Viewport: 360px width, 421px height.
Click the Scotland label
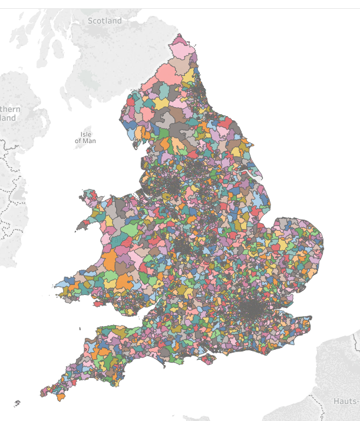point(105,21)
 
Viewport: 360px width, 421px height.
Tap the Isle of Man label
point(85,138)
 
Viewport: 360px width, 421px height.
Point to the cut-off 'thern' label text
point(10,110)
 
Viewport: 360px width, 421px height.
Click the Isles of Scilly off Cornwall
point(16,404)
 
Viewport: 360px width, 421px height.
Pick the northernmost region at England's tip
point(180,41)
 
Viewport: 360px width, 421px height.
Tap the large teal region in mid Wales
point(125,240)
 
